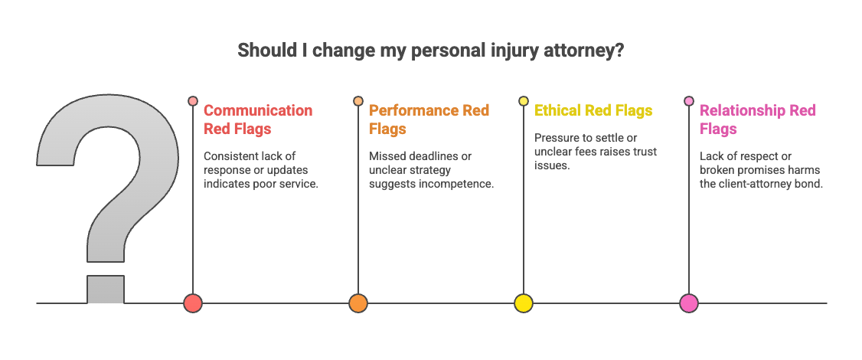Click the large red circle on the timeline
tap(193, 303)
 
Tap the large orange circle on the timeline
tap(358, 303)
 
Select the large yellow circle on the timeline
tap(524, 303)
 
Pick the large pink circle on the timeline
tap(689, 303)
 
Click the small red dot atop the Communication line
tap(193, 101)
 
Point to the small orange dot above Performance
tap(358, 101)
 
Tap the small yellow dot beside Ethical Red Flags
tap(524, 101)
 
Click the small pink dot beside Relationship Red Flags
tap(689, 101)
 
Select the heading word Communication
tap(258, 111)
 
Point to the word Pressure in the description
tap(556, 138)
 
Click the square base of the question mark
tap(106, 289)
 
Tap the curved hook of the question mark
tap(107, 153)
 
